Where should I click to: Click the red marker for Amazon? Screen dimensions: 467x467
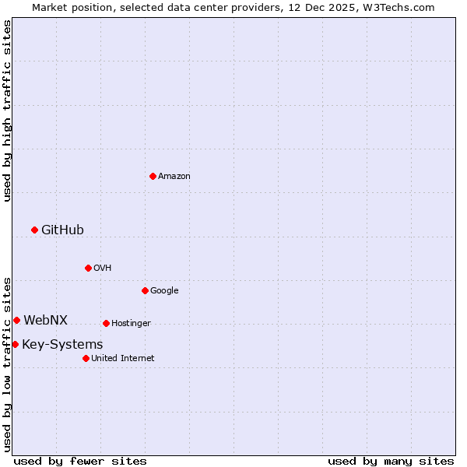[x=153, y=176]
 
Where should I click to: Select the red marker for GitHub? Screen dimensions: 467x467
[x=34, y=230]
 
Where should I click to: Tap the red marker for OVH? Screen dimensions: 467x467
[x=88, y=268]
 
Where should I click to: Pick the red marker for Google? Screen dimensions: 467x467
[x=145, y=290]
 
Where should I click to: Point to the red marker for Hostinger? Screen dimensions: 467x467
[x=106, y=323]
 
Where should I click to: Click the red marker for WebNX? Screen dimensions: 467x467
[x=16, y=320]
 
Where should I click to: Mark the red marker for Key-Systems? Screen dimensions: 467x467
[x=15, y=344]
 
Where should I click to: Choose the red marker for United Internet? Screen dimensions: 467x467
[x=86, y=358]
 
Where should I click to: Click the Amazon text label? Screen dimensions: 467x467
[x=174, y=176]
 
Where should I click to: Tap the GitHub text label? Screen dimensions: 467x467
[x=62, y=230]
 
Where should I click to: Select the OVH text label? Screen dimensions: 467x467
[x=103, y=268]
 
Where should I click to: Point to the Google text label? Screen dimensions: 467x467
[x=164, y=290]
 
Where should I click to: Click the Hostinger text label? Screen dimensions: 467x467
[x=131, y=323]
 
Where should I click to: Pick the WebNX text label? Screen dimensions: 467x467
[x=45, y=320]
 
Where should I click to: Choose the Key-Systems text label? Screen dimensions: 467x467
[x=62, y=344]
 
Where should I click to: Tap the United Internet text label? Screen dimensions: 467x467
[x=123, y=358]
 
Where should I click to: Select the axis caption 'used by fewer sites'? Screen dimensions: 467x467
[x=80, y=461]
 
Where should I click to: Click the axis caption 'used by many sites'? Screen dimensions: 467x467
[x=391, y=461]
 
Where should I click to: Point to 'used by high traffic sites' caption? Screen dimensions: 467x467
[x=7, y=111]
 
